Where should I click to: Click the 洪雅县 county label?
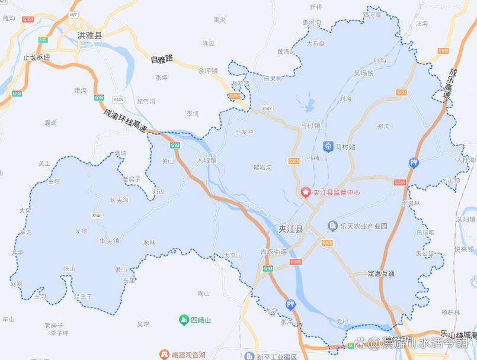tap(89, 36)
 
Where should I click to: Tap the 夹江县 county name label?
tap(291, 229)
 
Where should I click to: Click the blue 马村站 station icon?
tap(328, 146)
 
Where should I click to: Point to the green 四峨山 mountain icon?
tap(184, 320)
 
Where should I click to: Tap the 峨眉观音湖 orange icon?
tap(164, 354)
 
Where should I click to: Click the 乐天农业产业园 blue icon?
tap(332, 226)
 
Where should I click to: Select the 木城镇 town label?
tap(207, 160)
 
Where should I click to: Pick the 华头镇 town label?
tap(109, 240)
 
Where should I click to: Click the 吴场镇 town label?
tap(364, 73)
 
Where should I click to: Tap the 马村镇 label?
tap(310, 125)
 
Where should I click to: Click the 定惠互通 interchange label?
tap(380, 274)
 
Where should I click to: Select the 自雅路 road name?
tap(161, 59)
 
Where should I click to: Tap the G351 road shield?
tap(28, 20)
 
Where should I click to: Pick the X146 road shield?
tap(97, 216)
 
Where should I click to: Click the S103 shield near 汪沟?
tap(443, 52)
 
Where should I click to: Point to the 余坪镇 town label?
tap(208, 70)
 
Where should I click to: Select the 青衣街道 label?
tap(273, 251)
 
